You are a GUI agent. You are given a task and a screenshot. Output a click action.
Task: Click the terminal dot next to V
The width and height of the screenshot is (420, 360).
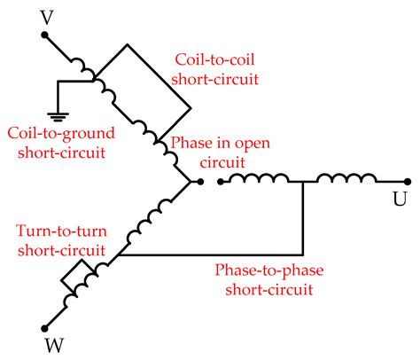[x=46, y=36]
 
